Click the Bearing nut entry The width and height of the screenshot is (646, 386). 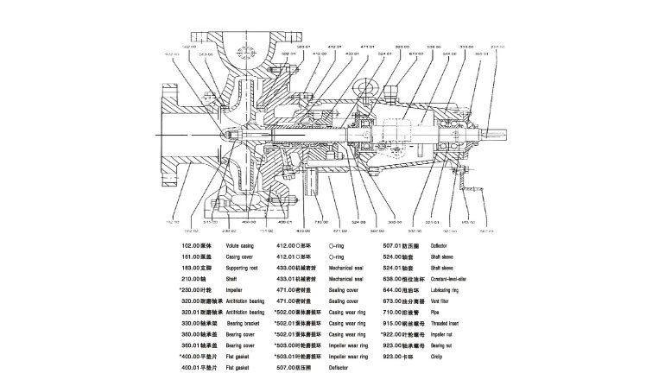pos(453,344)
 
